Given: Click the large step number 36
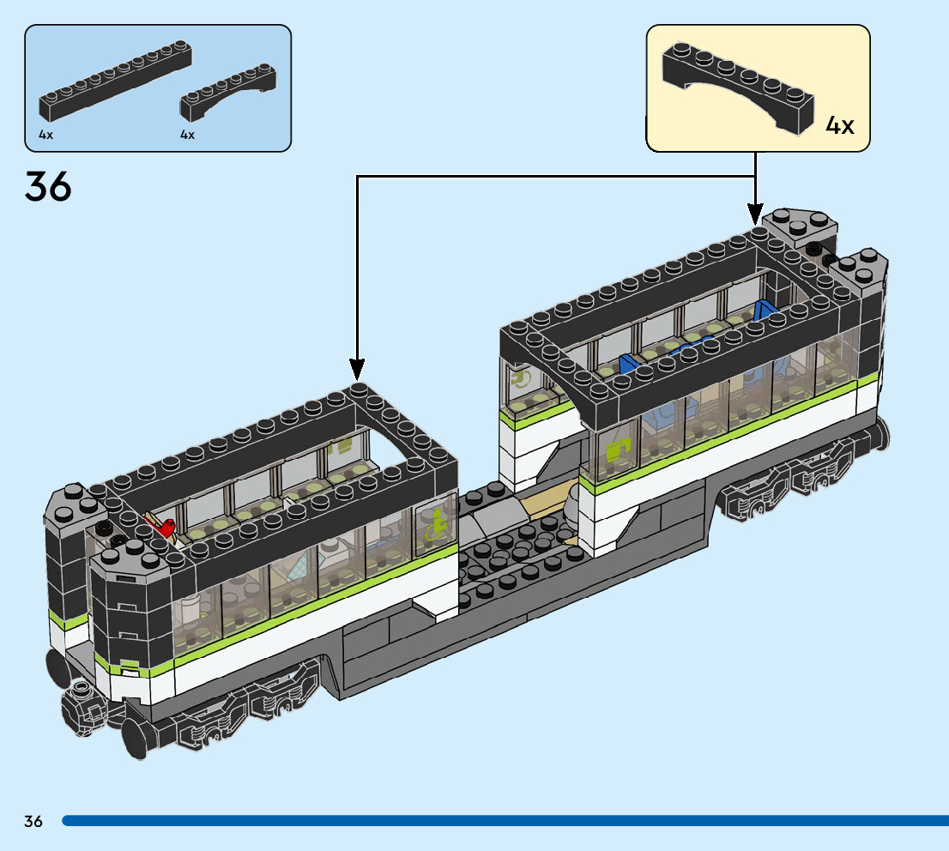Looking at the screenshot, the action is point(49,186).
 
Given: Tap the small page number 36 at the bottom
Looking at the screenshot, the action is point(33,821).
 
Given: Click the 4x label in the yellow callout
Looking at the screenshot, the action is point(840,125).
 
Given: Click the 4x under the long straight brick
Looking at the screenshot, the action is point(45,135).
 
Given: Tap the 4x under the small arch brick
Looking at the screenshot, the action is point(187,135).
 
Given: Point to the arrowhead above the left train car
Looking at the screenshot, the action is point(356,368).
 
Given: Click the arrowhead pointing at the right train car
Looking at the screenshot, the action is point(755,212).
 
